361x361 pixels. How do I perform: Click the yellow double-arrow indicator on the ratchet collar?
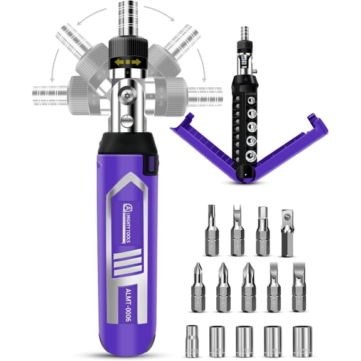[128, 63]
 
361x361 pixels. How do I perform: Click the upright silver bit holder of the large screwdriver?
[128, 19]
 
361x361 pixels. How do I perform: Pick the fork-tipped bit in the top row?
[237, 230]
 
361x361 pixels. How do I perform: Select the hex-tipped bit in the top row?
[262, 230]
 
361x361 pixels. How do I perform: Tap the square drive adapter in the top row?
[287, 233]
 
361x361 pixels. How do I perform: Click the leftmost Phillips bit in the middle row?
[198, 287]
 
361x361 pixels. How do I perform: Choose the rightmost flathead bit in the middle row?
[300, 287]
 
